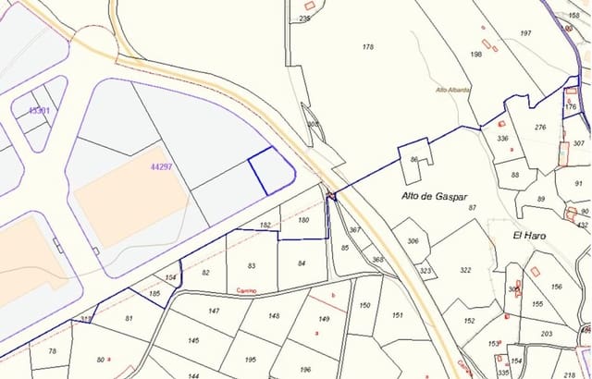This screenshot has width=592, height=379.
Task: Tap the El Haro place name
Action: pos(530,236)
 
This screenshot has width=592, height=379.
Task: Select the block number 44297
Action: pos(161,167)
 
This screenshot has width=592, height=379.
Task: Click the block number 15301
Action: pos(38,110)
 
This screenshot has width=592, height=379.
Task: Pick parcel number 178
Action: pos(368,46)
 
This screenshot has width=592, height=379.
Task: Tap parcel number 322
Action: pos(464,270)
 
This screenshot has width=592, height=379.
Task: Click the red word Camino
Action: pos(246,291)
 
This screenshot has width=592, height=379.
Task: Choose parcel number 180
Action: pos(303,220)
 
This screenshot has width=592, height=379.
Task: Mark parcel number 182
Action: pos(265,225)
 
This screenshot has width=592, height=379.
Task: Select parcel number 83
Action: pos(253,265)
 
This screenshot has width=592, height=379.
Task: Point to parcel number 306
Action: pos(413,241)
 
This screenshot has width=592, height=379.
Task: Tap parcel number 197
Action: pos(525,33)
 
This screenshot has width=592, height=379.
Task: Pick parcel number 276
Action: pos(540,128)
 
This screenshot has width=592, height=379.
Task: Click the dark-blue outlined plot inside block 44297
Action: pos(271,171)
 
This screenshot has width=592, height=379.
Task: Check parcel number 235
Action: pos(306,18)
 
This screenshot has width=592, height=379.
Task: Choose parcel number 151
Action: pos(396,314)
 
